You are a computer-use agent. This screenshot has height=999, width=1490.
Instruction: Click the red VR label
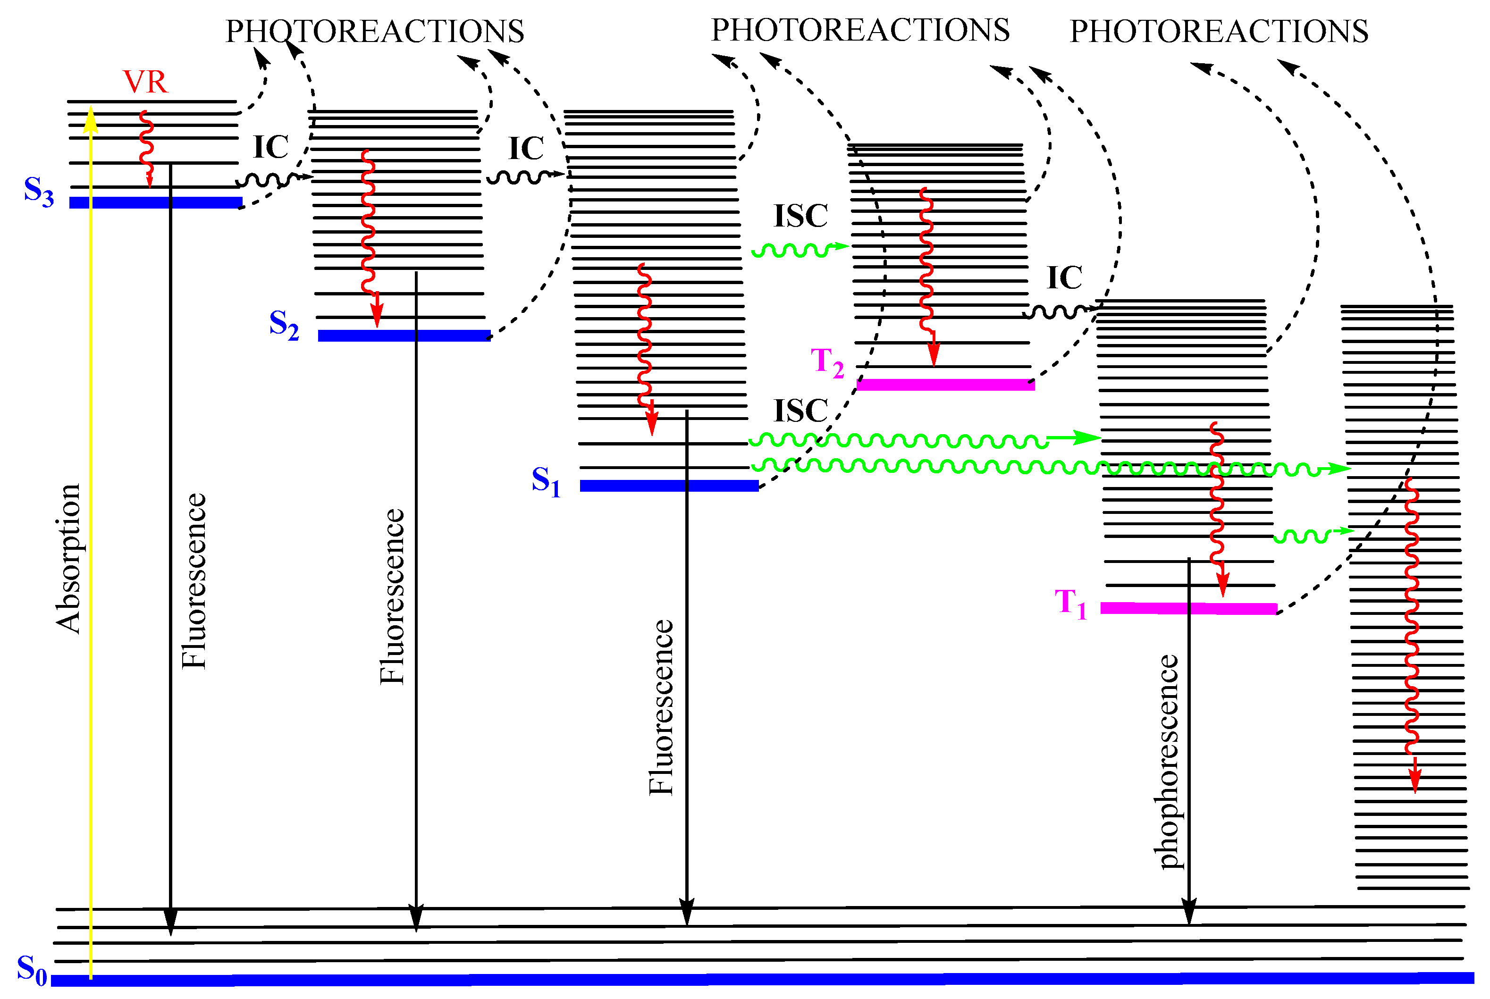145,82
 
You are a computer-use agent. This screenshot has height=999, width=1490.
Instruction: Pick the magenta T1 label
1070,604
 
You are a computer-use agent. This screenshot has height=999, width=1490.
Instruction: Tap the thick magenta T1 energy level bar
1188,608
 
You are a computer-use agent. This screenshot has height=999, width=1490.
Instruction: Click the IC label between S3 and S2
271,148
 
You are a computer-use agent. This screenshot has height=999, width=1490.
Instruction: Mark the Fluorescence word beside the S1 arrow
661,707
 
